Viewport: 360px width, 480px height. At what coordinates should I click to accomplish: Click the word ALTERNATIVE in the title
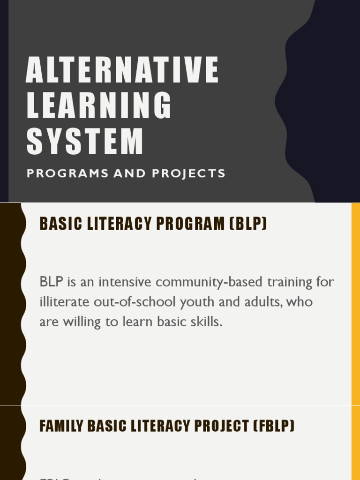point(122,70)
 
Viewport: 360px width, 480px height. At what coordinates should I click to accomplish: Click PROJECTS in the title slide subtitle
point(188,173)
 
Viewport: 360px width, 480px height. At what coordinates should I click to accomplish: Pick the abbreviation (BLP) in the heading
point(248,224)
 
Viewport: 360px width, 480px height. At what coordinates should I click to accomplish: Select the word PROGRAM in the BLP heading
point(190,224)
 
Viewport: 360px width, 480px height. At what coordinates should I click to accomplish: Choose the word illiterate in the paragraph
point(65,302)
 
